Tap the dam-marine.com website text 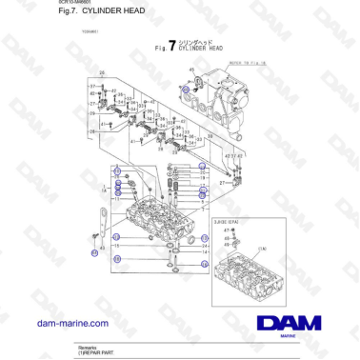point(72,324)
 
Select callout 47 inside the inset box point(226,229)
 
